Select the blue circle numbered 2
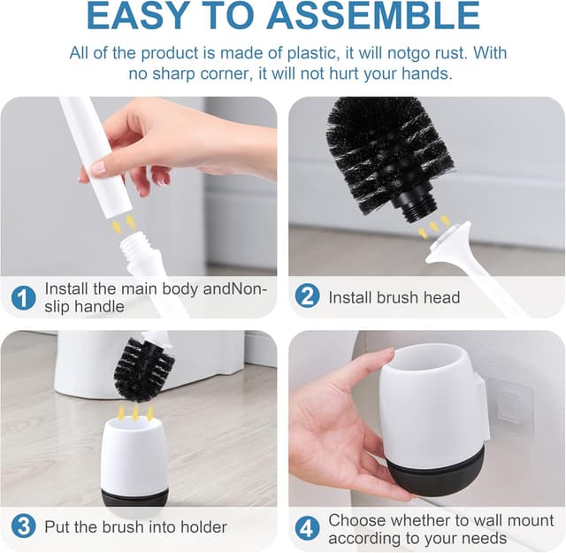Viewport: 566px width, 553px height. [x=307, y=296]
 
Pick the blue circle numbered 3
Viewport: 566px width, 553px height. [x=23, y=527]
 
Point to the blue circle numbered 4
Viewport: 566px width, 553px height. [x=307, y=528]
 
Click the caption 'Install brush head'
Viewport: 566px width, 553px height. [x=394, y=297]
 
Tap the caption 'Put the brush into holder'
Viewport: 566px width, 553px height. [x=135, y=527]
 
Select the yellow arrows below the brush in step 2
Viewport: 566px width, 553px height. [x=433, y=227]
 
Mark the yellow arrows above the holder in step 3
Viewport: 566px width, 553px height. [x=134, y=411]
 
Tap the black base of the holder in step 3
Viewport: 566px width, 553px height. [x=134, y=497]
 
